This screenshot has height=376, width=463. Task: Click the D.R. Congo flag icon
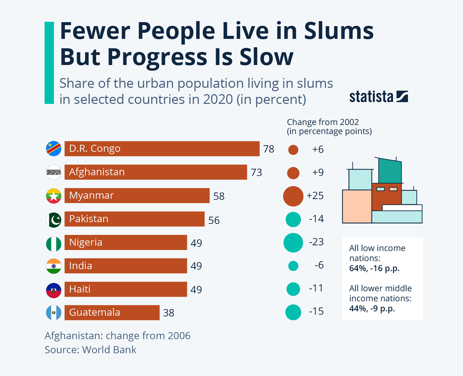54,149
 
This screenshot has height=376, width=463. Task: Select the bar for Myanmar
137,196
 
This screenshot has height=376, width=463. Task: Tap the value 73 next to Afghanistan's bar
256,172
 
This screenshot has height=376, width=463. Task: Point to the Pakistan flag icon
54,220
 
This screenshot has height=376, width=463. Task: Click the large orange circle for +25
293,196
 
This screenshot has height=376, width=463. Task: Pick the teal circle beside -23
293,243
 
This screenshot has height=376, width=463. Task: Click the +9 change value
318,172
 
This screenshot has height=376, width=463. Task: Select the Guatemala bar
112,313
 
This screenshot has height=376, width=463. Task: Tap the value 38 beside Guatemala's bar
169,313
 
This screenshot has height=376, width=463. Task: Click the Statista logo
379,97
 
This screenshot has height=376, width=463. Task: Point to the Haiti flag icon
54,290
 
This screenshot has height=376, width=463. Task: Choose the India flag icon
54,266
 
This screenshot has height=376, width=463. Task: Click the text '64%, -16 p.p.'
374,268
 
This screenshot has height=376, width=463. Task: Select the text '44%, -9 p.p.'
372,309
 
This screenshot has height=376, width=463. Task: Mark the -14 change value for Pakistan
316,219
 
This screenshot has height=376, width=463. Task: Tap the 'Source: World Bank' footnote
90,350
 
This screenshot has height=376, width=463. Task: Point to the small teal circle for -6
293,266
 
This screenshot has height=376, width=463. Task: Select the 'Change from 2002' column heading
323,122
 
